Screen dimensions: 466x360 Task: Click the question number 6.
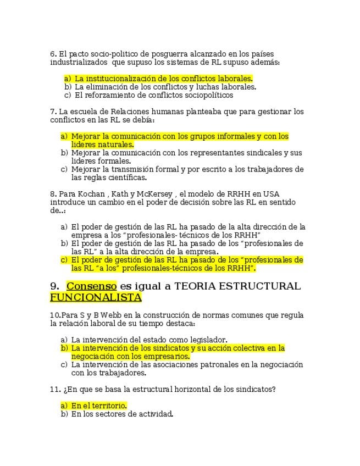pyautogui.click(x=53, y=54)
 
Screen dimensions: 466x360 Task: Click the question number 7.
pyautogui.click(x=53, y=112)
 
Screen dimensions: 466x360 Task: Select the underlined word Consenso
pyautogui.click(x=91, y=286)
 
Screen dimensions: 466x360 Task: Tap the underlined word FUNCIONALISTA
pyautogui.click(x=96, y=297)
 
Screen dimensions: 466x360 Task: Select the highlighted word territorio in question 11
pyautogui.click(x=104, y=406)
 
